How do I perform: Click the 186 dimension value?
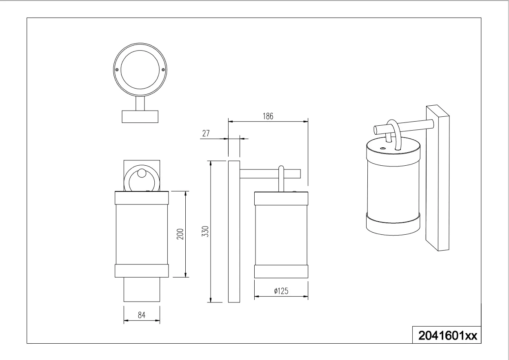click(x=268, y=116)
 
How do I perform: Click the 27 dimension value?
click(x=206, y=133)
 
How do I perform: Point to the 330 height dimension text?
click(x=205, y=231)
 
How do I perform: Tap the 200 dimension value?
click(x=180, y=234)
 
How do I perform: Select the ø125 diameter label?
click(x=281, y=291)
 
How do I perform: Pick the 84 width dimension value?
click(x=142, y=315)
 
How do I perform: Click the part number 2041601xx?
click(x=448, y=336)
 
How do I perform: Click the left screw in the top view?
click(x=117, y=70)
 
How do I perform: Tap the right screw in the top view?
click(x=163, y=70)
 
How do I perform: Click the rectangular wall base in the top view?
click(x=140, y=117)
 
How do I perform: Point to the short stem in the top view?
click(x=140, y=103)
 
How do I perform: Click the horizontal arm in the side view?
click(x=270, y=174)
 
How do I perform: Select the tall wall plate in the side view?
click(x=234, y=231)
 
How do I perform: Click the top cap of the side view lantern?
click(x=281, y=198)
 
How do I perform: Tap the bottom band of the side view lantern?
click(x=281, y=271)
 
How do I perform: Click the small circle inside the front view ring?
click(x=142, y=173)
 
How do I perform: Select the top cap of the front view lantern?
click(x=142, y=198)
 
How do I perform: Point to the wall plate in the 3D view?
click(x=438, y=178)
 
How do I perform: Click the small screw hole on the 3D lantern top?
click(x=383, y=148)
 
